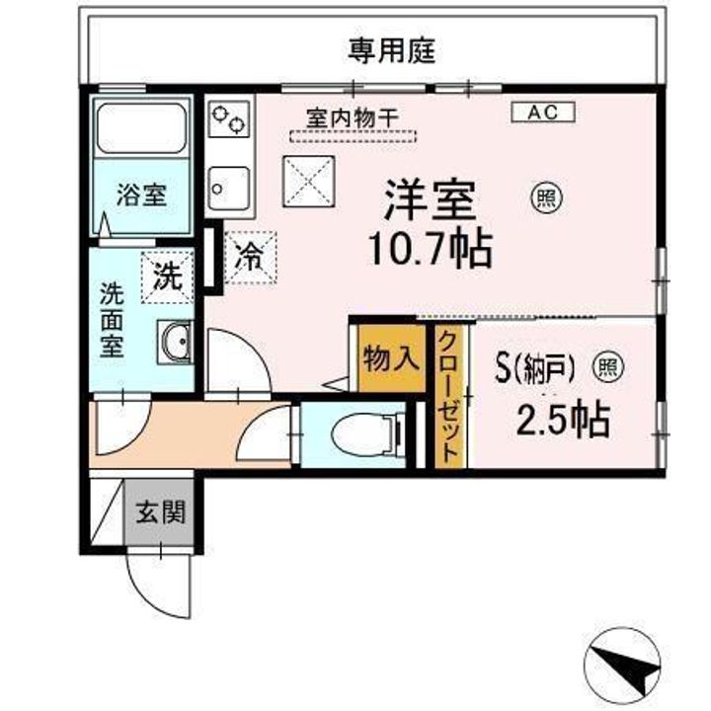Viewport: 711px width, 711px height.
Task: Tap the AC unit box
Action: pos(542,113)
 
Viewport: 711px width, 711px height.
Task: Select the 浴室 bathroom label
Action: pos(141,195)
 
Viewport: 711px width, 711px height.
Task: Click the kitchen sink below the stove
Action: pos(230,185)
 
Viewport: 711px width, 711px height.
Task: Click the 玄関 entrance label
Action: pos(159,513)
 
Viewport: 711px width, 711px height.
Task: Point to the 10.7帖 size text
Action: pos(431,252)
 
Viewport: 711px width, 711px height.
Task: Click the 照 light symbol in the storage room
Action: pos(606,368)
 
